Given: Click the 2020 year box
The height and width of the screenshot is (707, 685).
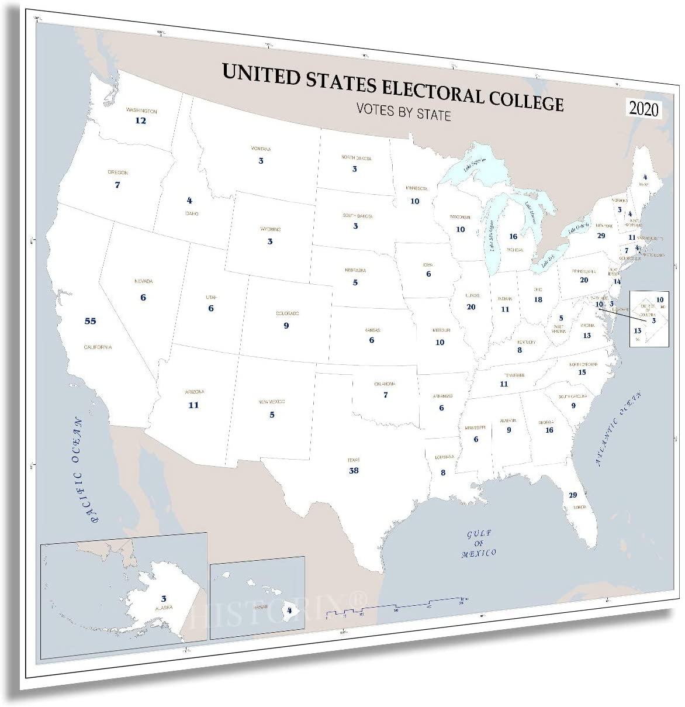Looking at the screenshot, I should coord(644,109).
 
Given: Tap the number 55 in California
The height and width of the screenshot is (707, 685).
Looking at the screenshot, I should coord(90,321).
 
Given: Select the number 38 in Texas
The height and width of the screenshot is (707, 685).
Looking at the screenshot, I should coord(354,470).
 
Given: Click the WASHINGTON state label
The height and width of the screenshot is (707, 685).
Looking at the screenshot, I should coord(141,111).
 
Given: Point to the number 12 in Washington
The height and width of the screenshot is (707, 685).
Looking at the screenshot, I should coord(141,120).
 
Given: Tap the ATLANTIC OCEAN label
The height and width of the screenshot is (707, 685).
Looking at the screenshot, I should coord(622,428).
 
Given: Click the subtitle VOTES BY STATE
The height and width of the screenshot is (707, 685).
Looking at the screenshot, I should coord(404,110).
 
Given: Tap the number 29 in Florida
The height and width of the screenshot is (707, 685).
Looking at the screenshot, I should coord(573,495).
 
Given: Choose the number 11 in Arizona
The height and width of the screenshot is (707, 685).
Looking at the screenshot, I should coord(193,405).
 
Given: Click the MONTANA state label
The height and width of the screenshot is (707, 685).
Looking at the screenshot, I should coord(261,149).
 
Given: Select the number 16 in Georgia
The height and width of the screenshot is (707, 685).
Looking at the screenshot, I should coord(549,430).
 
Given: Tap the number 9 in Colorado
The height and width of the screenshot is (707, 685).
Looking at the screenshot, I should coord(286,325).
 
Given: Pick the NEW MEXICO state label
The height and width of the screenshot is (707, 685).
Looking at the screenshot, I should coord(272,402).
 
